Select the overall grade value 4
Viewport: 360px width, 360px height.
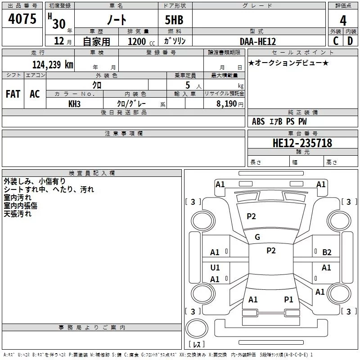[343, 20]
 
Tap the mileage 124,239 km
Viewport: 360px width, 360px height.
[53, 64]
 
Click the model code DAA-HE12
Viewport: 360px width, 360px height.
[257, 41]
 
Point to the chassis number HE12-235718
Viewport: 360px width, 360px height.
[302, 143]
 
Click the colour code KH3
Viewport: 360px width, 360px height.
[74, 103]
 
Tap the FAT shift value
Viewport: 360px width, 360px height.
[13, 94]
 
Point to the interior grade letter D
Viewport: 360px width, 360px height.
[350, 41]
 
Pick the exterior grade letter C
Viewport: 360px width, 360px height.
[336, 41]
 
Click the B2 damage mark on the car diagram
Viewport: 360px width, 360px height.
[327, 252]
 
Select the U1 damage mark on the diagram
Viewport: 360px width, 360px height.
[215, 268]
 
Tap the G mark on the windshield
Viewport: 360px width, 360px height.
[257, 237]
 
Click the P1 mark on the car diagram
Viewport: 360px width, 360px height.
[288, 299]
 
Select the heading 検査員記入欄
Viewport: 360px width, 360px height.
[92, 173]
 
